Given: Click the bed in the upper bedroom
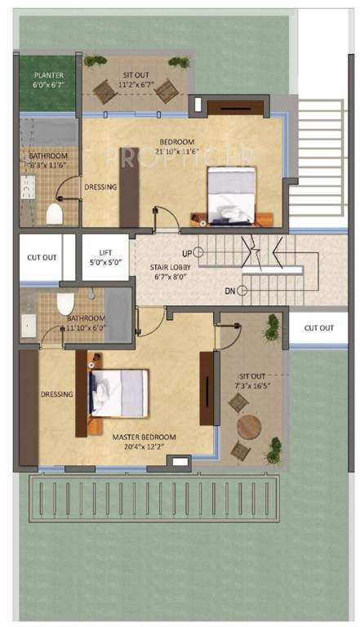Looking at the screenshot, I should pos(233,193).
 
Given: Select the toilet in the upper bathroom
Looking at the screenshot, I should pos(55,213).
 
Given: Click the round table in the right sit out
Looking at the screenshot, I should pos(249,427).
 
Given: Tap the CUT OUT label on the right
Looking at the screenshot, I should pos(319,328).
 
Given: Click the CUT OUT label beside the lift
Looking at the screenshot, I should pos(42,257).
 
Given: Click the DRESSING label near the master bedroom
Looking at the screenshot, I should pos(56,394).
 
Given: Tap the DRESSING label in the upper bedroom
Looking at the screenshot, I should pos(100,187).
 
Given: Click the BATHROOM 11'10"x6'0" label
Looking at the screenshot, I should pos(86,323).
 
